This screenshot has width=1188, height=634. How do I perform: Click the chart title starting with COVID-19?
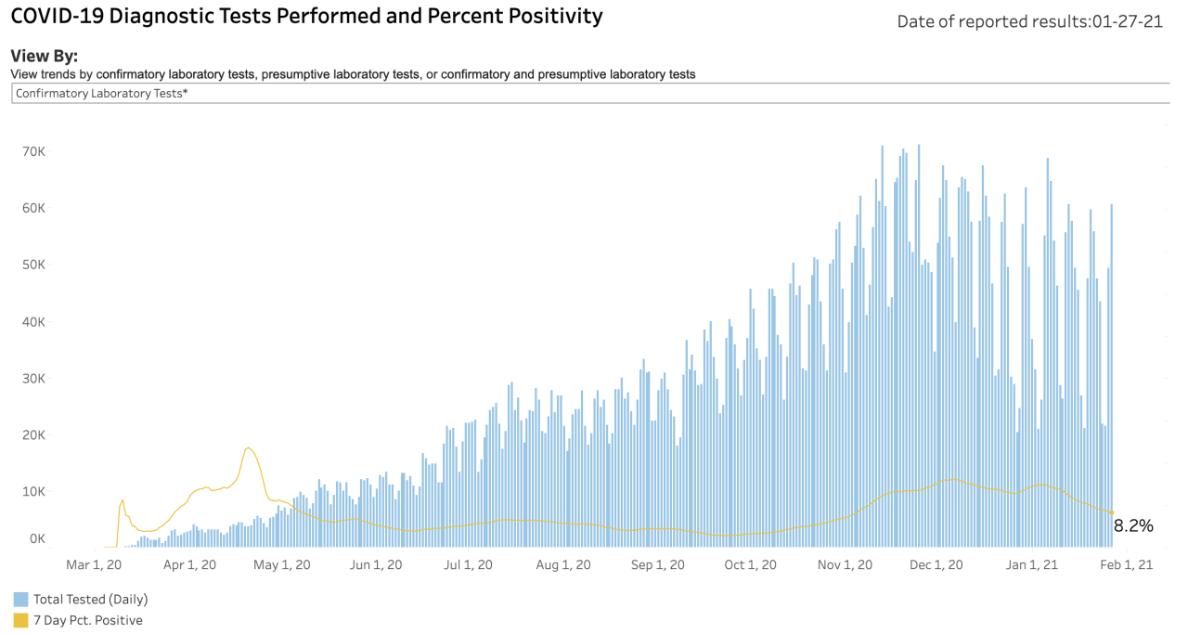pos(306,17)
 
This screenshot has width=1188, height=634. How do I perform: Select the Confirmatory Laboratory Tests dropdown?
pos(590,94)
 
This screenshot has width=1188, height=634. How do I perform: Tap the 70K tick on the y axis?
pos(34,151)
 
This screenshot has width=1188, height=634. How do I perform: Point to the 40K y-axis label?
pos(34,322)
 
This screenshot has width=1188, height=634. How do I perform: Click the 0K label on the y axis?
pos(38,539)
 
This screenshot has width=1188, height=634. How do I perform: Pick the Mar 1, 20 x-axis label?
pos(94,565)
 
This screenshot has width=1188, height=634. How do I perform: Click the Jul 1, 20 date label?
pos(468,565)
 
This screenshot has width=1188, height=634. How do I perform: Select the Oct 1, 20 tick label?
pos(751,565)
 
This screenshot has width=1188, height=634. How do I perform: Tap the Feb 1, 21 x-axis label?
pos(1127,565)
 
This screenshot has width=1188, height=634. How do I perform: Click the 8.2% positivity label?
pos(1133,525)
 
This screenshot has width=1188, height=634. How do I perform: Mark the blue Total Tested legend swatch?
pos(20,600)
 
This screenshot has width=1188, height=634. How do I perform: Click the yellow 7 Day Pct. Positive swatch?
pos(20,620)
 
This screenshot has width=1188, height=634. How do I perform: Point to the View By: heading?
pos(44,56)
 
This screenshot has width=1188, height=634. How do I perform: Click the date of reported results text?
pos(1030,21)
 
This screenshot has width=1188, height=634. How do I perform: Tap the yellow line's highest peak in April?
pos(248,448)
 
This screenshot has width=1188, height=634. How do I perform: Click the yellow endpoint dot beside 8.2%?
pos(1112,512)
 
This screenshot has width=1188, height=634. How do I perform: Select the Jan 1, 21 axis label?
pos(1032,565)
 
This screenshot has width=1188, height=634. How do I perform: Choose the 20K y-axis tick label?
pos(34,435)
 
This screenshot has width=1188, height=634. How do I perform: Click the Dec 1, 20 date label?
pos(936,565)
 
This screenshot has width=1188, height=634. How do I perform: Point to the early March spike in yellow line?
pos(123,499)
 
